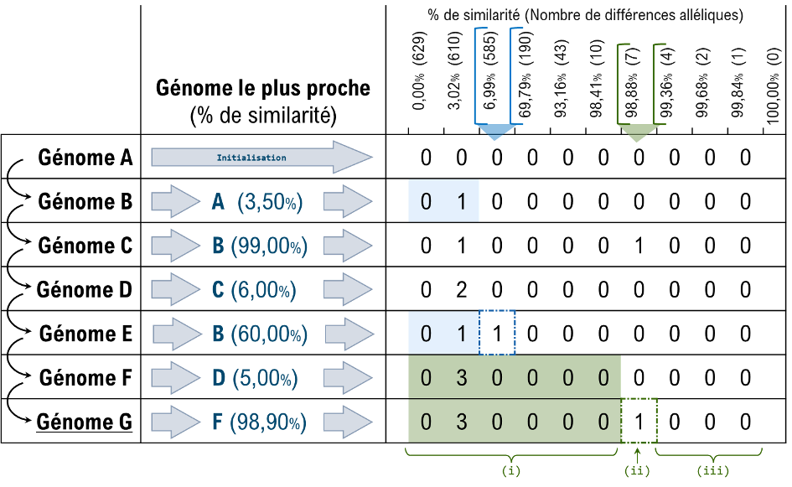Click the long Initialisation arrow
260,158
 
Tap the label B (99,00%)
260,246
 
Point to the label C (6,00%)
255,289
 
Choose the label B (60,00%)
260,334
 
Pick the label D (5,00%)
255,378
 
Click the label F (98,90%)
259,422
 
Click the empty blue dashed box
497,332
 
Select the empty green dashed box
639,421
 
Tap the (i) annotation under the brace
510,471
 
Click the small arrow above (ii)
639,454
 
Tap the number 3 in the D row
462,377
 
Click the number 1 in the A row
462,201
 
